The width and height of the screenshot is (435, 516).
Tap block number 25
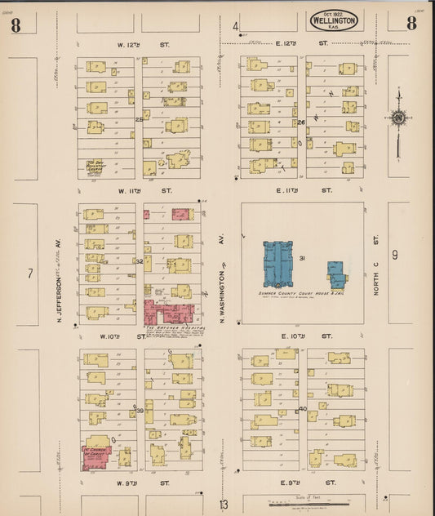click(139, 119)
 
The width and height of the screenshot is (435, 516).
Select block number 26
click(301, 122)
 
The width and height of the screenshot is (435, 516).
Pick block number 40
click(303, 408)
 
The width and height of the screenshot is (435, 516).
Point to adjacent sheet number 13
click(223, 504)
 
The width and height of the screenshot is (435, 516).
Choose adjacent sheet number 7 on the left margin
click(29, 273)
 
